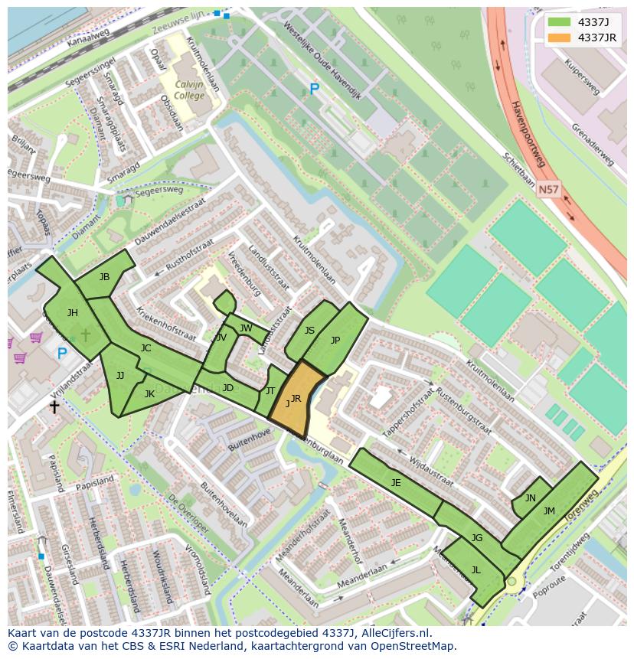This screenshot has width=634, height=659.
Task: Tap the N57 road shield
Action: pos(547,188)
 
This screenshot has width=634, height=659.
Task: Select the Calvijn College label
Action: pos(189,90)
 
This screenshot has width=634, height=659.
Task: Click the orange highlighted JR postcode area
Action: pos(294,400)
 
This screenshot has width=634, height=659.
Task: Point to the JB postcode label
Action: pos(104,277)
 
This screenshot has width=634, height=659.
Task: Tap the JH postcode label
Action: pos(72,312)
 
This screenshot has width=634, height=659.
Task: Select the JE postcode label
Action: pos(396,482)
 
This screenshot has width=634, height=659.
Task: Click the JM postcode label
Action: pos(549,511)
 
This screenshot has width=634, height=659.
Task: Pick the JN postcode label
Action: pos(530,498)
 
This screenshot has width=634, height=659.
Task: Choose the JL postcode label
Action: pos(475,569)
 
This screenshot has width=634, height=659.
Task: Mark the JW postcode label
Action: pos(245,328)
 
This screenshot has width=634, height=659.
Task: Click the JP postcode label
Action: pos(335,341)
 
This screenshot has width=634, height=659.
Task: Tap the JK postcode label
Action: pos(149,394)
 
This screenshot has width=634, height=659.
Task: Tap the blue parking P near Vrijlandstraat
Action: pos(62,353)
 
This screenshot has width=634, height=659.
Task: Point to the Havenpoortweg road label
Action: pos(528,134)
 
